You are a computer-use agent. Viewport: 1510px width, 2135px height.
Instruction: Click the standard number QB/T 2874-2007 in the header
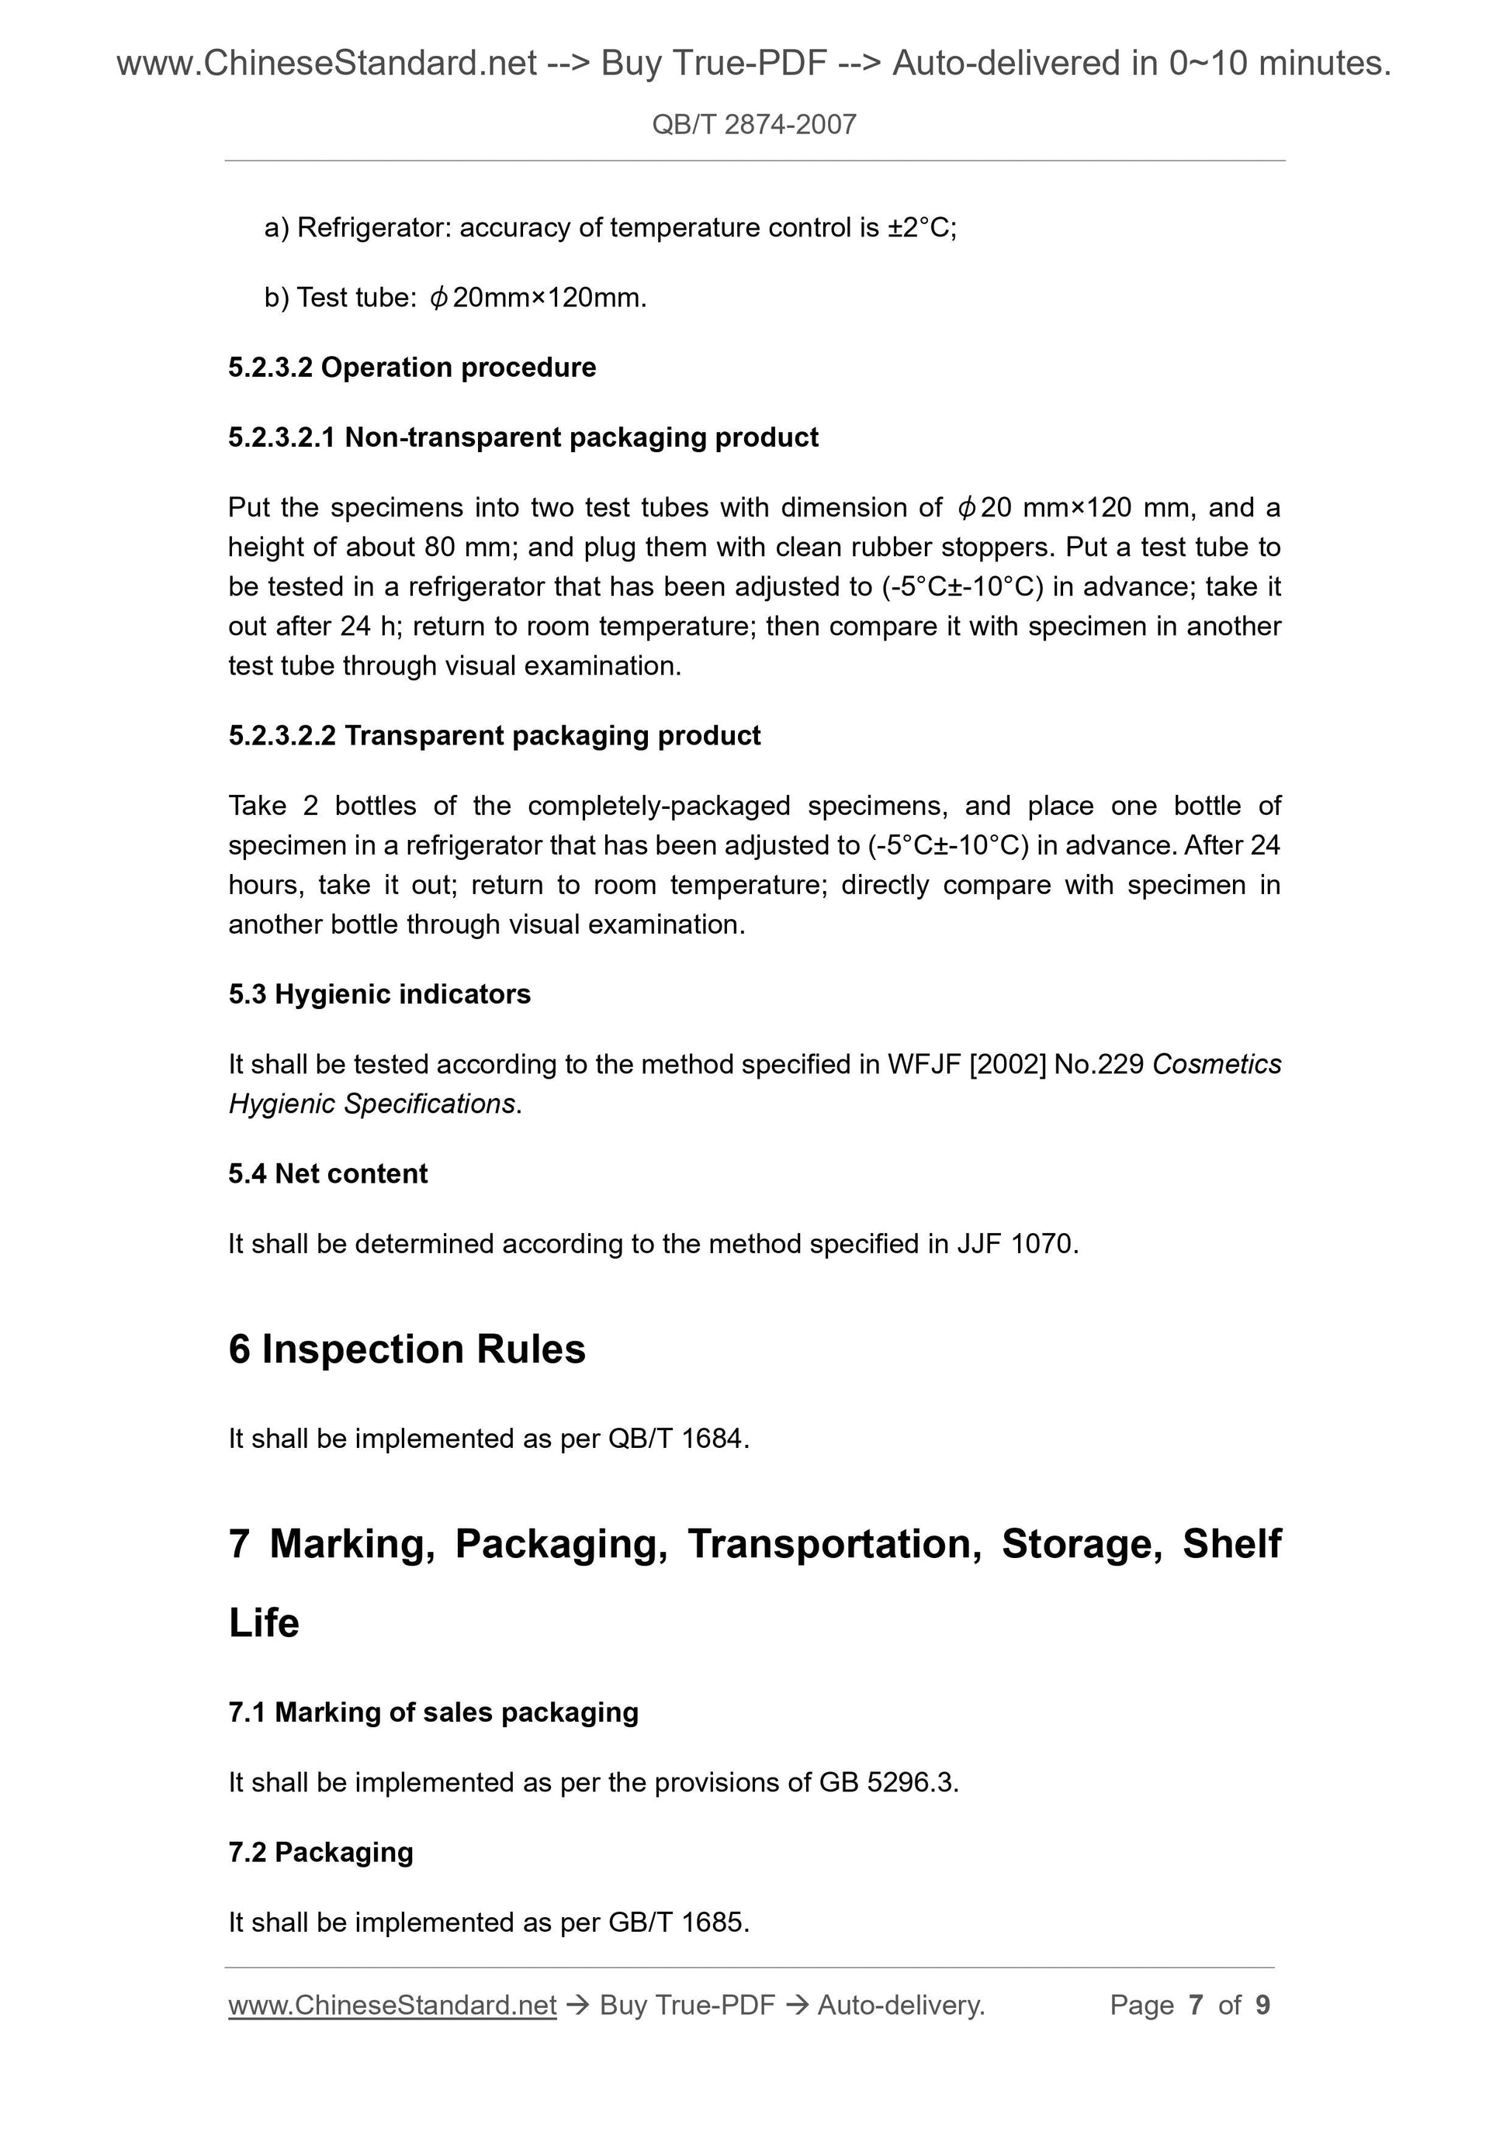pos(753,125)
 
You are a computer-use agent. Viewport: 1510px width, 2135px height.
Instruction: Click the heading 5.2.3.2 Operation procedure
pos(412,368)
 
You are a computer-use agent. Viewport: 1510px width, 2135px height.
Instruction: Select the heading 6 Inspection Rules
pos(407,1349)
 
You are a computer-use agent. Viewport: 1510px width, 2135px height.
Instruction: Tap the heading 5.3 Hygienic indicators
pos(379,994)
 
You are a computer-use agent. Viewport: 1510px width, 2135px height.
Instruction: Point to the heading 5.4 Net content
pos(327,1173)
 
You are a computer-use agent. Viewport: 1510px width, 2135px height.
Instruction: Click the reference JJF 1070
pos(1017,1243)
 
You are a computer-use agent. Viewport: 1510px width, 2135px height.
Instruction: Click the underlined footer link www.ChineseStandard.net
pos(393,2005)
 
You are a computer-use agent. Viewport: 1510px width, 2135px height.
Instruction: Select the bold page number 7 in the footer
pos(1196,2005)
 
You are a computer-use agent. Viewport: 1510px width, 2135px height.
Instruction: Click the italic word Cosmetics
pos(1216,1064)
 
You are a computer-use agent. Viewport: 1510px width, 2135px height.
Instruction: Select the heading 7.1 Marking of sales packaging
pos(433,1712)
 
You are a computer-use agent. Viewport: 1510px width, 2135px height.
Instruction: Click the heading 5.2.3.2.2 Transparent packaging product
pos(494,735)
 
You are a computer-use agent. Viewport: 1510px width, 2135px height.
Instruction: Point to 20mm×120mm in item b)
pos(549,298)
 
